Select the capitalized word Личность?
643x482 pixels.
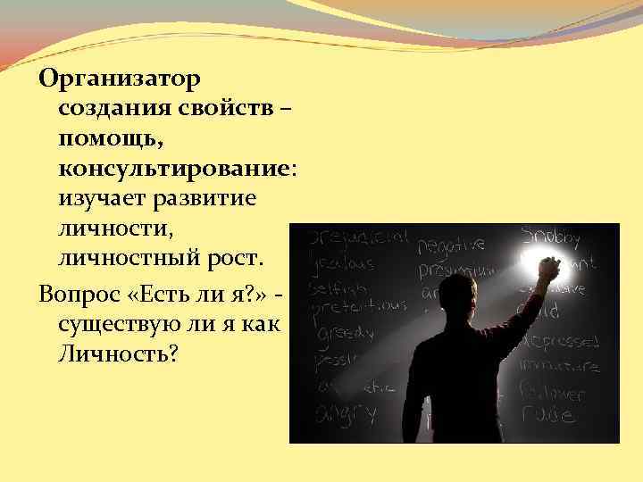119,354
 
